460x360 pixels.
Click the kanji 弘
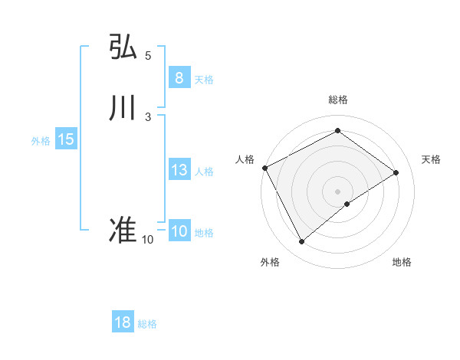coord(123,47)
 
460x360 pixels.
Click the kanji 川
coord(123,108)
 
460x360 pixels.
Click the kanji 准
coord(123,231)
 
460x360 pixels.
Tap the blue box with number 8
coord(179,77)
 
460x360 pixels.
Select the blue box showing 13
coord(179,170)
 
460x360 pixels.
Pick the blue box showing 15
coord(65,139)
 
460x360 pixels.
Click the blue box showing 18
coord(123,322)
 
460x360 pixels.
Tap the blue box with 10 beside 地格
coord(179,231)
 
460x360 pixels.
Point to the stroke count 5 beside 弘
coord(148,55)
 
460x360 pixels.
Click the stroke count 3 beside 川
coord(148,116)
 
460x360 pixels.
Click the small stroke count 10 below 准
coord(147,240)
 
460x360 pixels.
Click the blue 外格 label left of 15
coord(41,141)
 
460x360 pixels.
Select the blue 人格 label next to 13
coord(205,172)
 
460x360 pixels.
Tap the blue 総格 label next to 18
coord(147,324)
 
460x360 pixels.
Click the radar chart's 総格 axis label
coord(338,100)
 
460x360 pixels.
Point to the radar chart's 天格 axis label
coord(432,159)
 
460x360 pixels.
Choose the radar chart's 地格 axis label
coord(402,262)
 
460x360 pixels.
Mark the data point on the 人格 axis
coord(264,168)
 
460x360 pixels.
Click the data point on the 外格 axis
coord(302,242)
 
